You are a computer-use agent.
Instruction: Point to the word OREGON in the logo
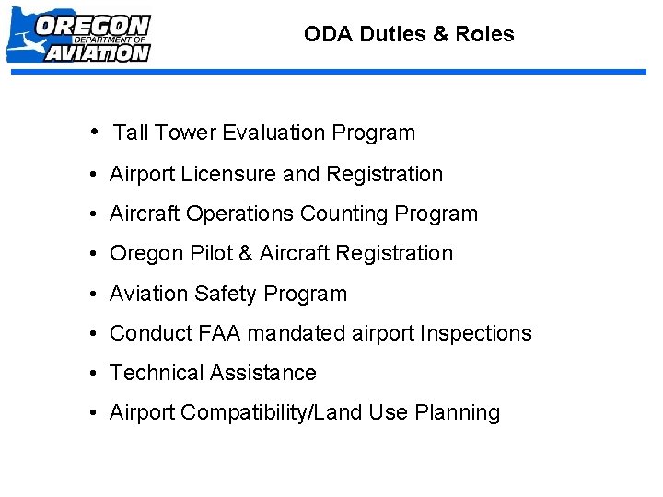(92, 25)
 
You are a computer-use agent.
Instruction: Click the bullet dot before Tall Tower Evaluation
(97, 132)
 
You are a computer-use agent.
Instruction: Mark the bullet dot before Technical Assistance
(96, 373)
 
